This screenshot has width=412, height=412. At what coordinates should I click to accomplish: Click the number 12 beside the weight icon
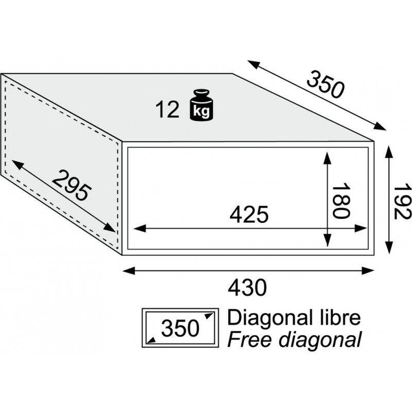tap(167, 110)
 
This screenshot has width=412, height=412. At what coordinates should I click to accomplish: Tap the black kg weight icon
tap(201, 105)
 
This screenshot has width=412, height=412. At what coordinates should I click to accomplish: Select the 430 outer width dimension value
tap(247, 288)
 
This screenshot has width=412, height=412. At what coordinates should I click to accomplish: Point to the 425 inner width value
tap(249, 214)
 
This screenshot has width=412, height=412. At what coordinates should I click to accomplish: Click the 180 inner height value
tap(341, 201)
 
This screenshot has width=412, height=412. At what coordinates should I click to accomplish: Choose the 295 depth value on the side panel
tap(72, 186)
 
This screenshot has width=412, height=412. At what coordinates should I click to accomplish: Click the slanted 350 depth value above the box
tap(325, 84)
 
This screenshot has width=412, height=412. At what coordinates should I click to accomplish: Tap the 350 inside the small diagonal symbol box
tap(180, 328)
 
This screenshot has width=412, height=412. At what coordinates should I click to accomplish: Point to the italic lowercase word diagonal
tap(320, 340)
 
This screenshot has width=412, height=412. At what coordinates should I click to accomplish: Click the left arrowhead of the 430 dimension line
tap(129, 271)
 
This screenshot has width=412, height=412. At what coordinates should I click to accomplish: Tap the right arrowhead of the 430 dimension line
tap(368, 271)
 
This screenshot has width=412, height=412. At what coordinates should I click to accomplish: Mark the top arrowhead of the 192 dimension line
tap(389, 151)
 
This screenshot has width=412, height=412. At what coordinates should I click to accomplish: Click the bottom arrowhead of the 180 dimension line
tap(327, 241)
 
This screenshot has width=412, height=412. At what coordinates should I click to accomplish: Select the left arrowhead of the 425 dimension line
tap(140, 228)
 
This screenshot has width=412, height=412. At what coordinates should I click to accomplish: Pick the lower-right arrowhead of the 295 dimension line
tap(110, 228)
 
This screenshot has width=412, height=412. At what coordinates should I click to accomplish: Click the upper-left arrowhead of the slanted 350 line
tap(253, 64)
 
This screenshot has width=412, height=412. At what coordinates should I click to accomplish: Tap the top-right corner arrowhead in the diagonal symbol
tap(210, 316)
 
